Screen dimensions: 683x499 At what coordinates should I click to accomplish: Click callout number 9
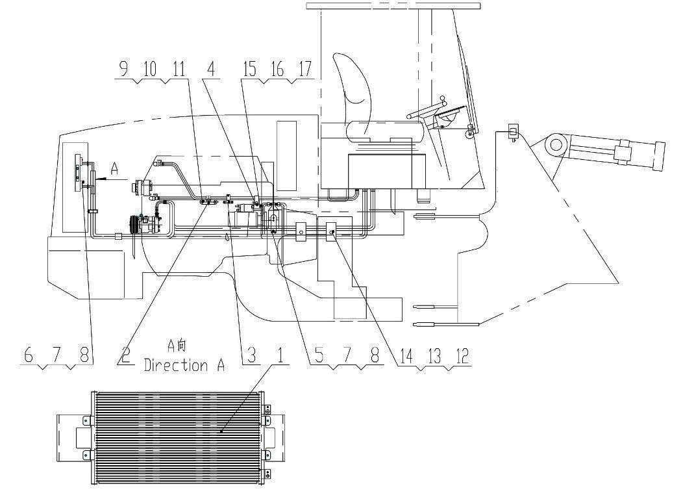(125, 70)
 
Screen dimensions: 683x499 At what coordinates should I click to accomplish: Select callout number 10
(150, 70)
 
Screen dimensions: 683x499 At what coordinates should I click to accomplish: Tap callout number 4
(211, 70)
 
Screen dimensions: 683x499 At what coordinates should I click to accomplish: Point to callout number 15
(249, 70)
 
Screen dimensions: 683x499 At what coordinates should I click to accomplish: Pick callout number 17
(305, 70)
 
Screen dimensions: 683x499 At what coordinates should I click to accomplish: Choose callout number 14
(406, 357)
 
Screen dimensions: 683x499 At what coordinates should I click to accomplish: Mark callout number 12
(463, 357)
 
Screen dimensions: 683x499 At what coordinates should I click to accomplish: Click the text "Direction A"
(184, 365)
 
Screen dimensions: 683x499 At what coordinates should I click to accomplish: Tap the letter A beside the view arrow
(114, 169)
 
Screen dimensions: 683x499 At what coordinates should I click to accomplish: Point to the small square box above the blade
(514, 131)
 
